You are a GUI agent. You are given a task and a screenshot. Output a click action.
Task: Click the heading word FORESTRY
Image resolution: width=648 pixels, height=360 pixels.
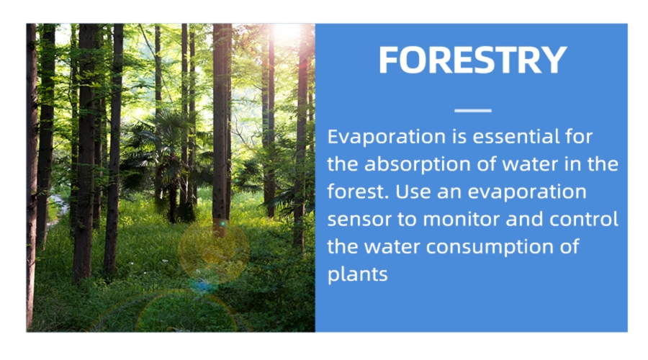[472, 60]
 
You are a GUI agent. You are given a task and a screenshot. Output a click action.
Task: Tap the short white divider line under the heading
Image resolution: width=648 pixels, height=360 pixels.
[473, 110]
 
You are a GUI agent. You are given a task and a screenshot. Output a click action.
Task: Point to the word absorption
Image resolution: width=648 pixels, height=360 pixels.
[418, 164]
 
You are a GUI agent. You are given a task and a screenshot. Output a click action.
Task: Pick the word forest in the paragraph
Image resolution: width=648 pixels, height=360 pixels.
[356, 192]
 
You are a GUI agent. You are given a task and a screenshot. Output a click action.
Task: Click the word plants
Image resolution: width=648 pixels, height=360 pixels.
[357, 274]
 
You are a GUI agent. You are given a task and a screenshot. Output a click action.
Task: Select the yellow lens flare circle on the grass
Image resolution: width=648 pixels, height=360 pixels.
[214, 251]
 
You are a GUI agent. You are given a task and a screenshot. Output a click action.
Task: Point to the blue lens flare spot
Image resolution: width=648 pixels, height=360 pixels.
[203, 285]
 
